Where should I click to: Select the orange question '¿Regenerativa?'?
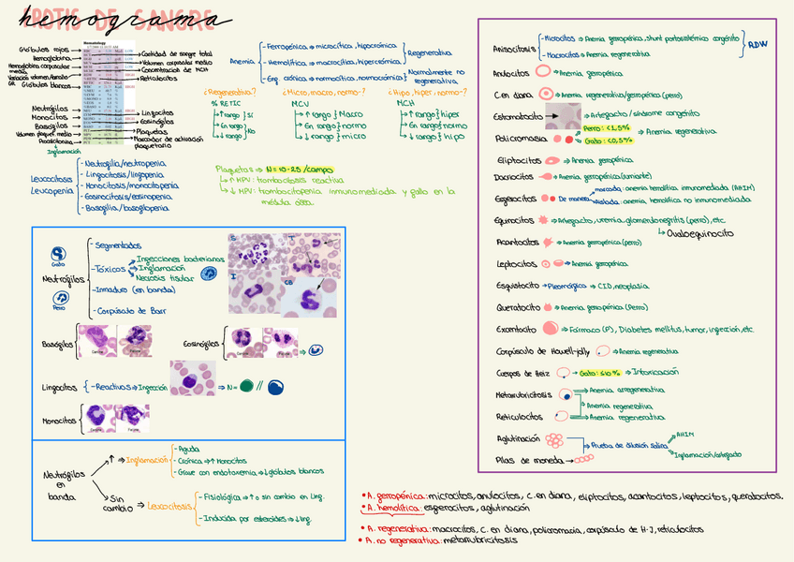pos(228,93)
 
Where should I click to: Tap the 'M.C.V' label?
pos(301,103)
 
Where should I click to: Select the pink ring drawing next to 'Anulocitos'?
pos(544,72)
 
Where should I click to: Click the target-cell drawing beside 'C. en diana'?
pos(544,95)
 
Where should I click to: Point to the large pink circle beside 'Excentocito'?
pos(550,329)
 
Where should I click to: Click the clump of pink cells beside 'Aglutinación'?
pos(555,438)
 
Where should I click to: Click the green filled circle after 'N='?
pos(246,385)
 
